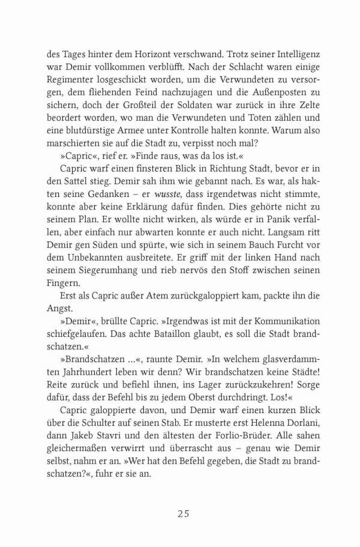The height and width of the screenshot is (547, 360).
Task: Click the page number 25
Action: click(184, 513)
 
